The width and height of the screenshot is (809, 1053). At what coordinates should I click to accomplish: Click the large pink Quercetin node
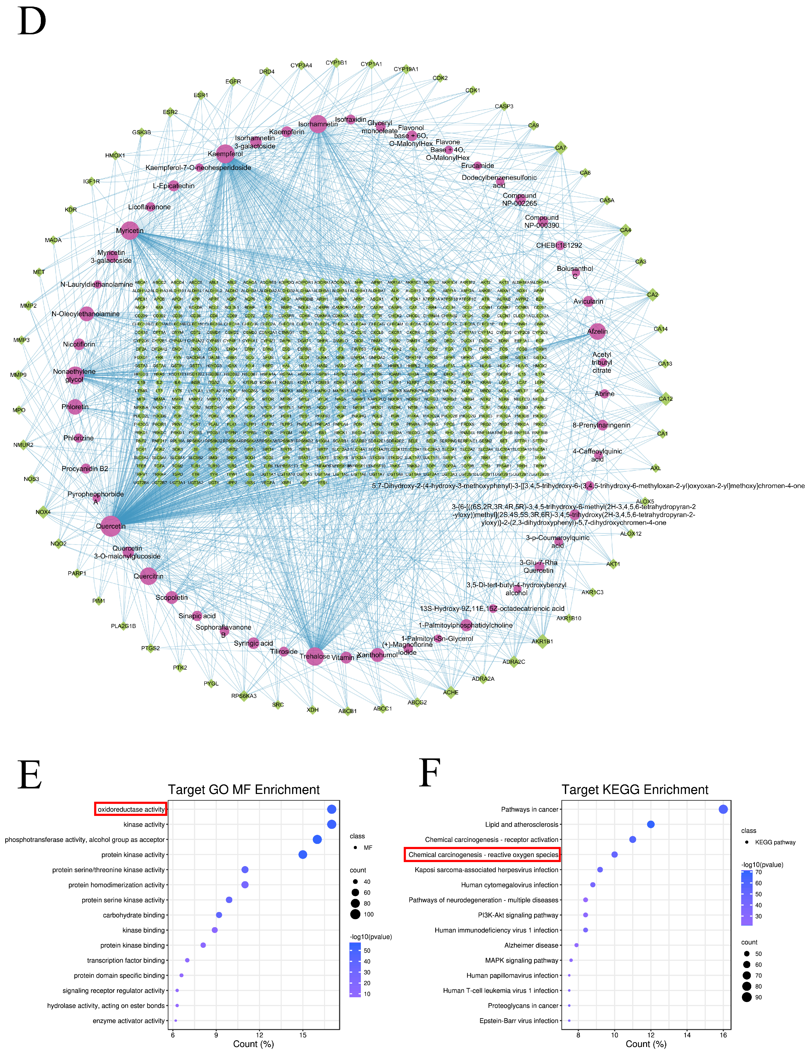tap(111, 526)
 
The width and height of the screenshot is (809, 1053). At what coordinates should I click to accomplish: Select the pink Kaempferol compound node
tap(225, 154)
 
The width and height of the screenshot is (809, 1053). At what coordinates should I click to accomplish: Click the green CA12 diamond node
tap(666, 399)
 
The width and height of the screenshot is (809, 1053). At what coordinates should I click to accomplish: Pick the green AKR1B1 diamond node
tap(542, 641)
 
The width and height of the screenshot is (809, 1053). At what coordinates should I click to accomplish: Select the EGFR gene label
tap(233, 81)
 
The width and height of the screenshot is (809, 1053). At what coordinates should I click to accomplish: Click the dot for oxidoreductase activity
tap(331, 809)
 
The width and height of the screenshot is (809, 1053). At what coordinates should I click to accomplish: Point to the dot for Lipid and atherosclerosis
tap(651, 824)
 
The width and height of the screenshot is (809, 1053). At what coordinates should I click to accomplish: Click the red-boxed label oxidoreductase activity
tap(130, 809)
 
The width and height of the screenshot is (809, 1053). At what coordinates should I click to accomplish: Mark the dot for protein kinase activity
tap(302, 855)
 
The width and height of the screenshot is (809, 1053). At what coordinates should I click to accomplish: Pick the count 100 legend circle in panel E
tap(355, 914)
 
